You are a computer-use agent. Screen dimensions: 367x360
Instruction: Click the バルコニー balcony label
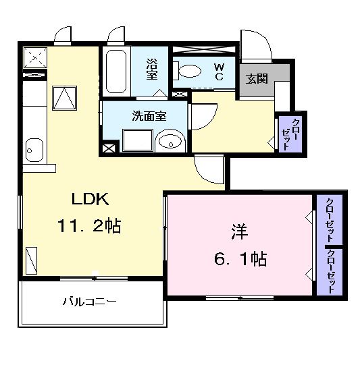tap(91, 301)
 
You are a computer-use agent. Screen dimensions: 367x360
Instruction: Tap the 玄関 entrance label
tap(257, 78)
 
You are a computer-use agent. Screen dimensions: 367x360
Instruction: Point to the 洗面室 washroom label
tap(149, 115)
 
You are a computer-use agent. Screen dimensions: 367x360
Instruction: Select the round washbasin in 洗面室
tap(169, 141)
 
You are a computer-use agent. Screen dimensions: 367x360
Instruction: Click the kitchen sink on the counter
tap(34, 148)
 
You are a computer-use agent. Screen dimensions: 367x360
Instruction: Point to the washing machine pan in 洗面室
tap(137, 138)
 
